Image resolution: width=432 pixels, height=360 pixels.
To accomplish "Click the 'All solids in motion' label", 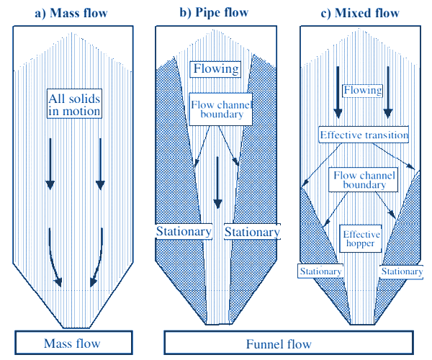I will tap(74, 104).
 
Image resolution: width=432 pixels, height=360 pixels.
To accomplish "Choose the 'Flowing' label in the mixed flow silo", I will tap(362, 90).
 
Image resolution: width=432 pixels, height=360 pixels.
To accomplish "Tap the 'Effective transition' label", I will tap(364, 135).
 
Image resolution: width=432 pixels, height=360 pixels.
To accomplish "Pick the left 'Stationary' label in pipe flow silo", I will tap(184, 232).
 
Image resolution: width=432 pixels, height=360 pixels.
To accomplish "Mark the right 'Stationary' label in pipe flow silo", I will tap(251, 232).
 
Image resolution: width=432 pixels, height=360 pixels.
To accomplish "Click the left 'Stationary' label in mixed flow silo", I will tap(320, 271).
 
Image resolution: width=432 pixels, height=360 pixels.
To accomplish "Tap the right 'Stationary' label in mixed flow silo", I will tap(401, 271).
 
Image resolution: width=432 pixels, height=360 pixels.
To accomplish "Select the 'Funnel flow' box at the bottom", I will tap(289, 343).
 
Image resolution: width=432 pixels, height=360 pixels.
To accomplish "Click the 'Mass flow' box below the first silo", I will tap(73, 343).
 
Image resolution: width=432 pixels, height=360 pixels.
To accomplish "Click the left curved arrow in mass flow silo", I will tap(53, 259).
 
